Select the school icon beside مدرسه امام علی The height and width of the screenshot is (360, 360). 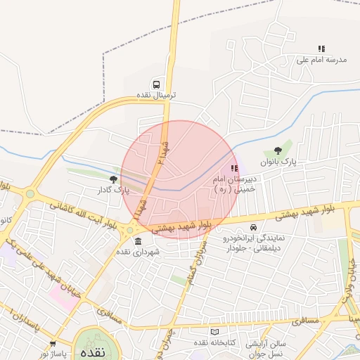pyautogui.click(x=321, y=49)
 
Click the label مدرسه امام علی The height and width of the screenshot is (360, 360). pyautogui.click(x=323, y=60)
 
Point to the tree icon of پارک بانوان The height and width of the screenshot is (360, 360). pyautogui.click(x=278, y=150)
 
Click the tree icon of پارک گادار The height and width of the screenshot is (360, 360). pyautogui.click(x=113, y=180)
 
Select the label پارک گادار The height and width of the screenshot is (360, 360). pyautogui.click(x=114, y=191)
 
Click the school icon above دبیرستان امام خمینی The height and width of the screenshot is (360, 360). pyautogui.click(x=234, y=169)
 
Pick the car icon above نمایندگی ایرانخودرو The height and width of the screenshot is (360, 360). pyautogui.click(x=252, y=228)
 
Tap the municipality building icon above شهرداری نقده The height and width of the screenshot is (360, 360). pyautogui.click(x=137, y=241)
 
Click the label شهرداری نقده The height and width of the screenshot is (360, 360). pyautogui.click(x=138, y=252)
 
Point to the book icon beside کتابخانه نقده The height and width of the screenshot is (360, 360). pyautogui.click(x=214, y=331)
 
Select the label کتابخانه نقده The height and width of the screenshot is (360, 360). pyautogui.click(x=193, y=342)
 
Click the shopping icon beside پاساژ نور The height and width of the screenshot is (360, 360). pyautogui.click(x=53, y=343)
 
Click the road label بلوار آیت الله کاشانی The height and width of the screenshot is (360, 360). pyautogui.click(x=81, y=213)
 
